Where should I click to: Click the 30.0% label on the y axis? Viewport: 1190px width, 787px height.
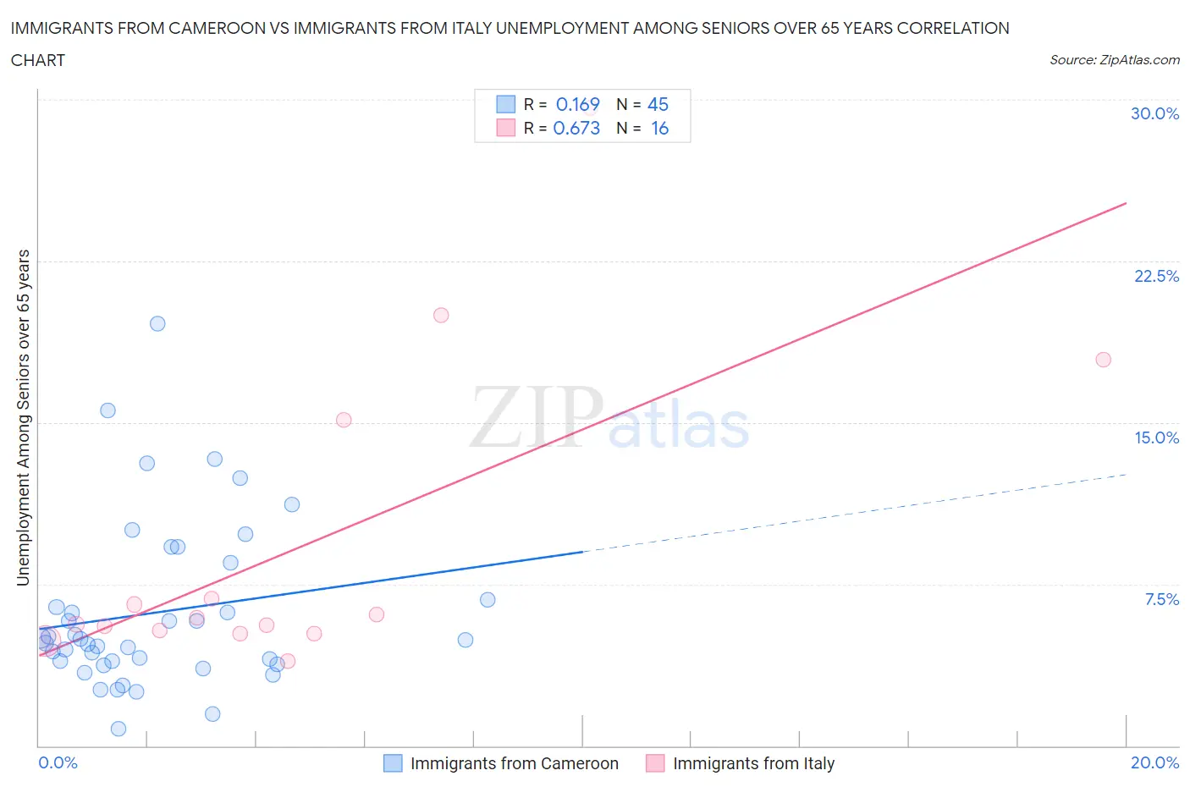point(1154,113)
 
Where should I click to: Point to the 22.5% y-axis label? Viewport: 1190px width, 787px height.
point(1156,276)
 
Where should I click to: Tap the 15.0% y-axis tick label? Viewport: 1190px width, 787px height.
point(1156,438)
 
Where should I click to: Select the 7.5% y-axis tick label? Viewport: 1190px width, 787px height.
point(1161,599)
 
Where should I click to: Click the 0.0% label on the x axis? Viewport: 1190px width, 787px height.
point(58,762)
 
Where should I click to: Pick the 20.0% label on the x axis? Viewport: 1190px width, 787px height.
point(1154,762)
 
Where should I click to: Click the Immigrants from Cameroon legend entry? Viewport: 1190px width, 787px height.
point(501,763)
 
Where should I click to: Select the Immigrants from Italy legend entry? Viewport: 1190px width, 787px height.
point(741,763)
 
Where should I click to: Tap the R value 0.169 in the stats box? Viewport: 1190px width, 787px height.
point(577,104)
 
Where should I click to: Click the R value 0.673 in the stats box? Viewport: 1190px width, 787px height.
point(576,128)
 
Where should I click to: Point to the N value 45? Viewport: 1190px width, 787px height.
point(658,104)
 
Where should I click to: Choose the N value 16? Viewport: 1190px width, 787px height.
point(659,128)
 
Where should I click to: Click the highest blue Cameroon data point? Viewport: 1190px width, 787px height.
point(157,323)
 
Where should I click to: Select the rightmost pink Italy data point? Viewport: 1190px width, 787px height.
point(1103,360)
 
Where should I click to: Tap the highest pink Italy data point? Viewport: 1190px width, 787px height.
point(441,315)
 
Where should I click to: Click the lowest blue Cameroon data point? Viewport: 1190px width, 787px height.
point(118,729)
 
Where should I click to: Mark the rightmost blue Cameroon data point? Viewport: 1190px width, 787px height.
point(488,600)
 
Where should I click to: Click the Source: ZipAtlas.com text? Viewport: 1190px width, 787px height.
point(1114,60)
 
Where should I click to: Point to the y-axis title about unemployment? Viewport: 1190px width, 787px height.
point(24,417)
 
